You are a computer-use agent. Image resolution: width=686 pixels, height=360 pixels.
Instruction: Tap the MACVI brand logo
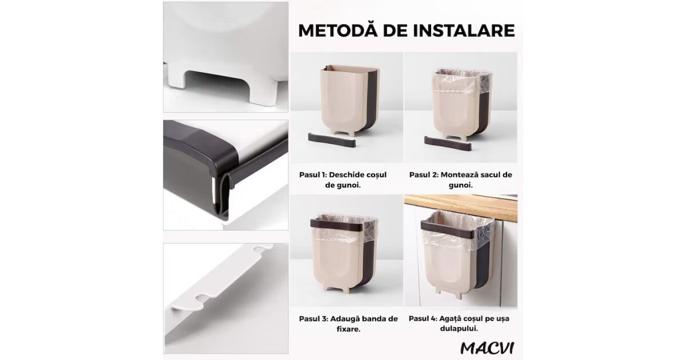(x=487, y=348)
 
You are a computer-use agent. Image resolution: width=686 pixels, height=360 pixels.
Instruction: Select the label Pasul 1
(x=312, y=175)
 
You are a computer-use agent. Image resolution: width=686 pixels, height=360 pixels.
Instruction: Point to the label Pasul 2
(x=423, y=175)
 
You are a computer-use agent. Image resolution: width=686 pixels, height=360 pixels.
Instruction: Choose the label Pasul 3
(x=313, y=319)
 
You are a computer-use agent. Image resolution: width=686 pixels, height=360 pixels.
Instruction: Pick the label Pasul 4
(x=422, y=318)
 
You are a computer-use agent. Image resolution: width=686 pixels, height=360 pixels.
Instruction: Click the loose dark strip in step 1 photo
(x=332, y=140)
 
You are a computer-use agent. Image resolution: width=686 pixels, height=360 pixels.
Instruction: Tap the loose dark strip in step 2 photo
(x=448, y=143)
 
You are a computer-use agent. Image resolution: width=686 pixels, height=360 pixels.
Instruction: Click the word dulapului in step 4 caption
(x=458, y=329)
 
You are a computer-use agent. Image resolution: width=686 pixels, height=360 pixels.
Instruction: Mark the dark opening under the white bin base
(x=218, y=85)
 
